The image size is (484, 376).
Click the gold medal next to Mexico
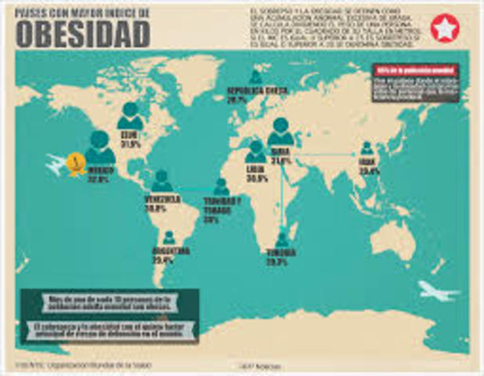[x=76, y=164]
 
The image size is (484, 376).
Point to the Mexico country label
[x=99, y=169]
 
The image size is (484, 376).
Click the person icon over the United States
[x=130, y=116]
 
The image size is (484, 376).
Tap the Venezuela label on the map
[x=162, y=200]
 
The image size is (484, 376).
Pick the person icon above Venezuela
[x=162, y=181]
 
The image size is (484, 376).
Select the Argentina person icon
[x=168, y=237]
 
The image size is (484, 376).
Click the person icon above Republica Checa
[x=256, y=77]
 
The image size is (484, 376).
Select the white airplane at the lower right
[x=437, y=291]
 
